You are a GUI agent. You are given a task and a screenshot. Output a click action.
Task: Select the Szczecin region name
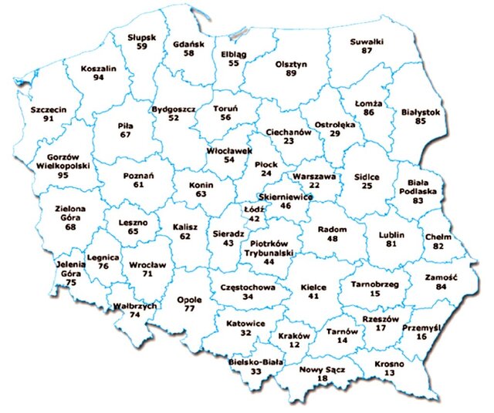tap(49, 109)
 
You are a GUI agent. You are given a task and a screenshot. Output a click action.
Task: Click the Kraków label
tap(293, 336)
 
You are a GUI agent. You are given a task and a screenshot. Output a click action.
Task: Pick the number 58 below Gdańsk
tap(189, 53)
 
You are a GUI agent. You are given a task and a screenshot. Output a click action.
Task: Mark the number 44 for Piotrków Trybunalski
tap(269, 261)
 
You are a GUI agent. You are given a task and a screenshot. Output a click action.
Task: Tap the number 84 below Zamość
tap(442, 287)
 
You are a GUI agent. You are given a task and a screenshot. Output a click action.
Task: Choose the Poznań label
tap(138, 175)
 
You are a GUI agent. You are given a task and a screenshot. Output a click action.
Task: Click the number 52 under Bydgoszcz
tap(174, 118)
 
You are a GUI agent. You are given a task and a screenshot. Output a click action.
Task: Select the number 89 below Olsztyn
tap(291, 73)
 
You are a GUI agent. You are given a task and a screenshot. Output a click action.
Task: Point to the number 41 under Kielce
tap(313, 296)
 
